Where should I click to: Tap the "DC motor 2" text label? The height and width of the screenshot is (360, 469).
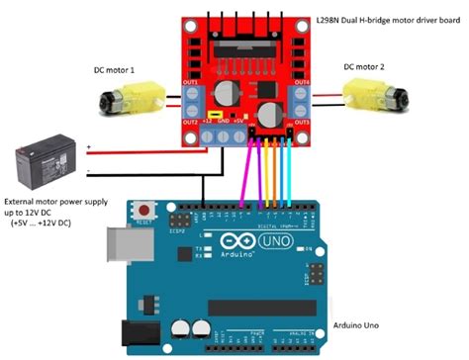point(372,68)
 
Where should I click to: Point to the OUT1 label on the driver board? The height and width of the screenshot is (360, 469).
point(189,82)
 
